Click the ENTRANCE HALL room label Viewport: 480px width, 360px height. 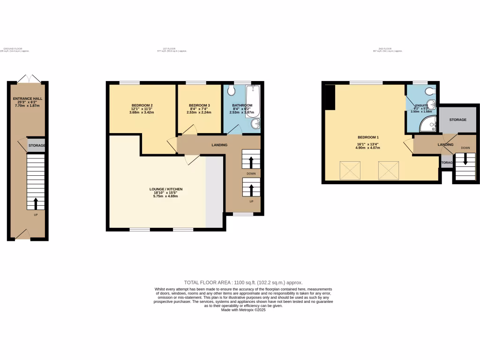click(28, 98)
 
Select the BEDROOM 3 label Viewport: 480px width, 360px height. click(200, 105)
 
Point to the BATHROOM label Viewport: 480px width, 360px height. click(242, 105)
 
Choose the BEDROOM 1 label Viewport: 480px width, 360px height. click(368, 137)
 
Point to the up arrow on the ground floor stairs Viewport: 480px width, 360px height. click(36, 203)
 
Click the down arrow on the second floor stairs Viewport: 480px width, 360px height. click(465, 159)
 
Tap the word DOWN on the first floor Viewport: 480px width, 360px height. click(251, 173)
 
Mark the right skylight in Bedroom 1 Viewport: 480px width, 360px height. click(388, 170)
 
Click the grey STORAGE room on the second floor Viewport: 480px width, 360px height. click(458, 120)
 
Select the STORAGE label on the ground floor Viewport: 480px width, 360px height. click(37, 146)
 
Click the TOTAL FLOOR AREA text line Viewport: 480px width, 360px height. click(243, 283)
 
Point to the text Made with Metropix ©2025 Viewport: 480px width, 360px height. click(243, 310)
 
